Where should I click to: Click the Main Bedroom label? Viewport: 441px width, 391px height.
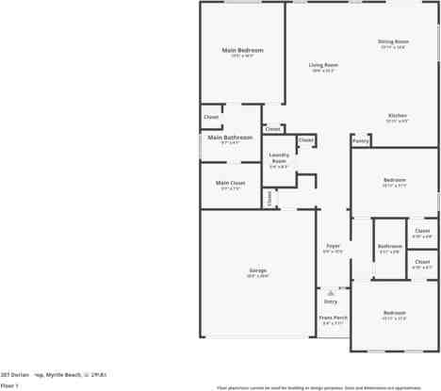[x=242, y=50]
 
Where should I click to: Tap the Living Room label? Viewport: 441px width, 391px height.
[x=323, y=65]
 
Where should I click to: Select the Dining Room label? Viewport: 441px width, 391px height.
[x=393, y=41]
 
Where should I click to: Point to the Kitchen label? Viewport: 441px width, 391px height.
[x=397, y=116]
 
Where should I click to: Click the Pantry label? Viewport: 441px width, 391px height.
[x=360, y=141]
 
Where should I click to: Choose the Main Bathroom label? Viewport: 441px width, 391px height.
[x=230, y=138]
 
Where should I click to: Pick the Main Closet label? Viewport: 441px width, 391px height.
[x=230, y=183]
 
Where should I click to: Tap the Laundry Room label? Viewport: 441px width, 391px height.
[x=279, y=157]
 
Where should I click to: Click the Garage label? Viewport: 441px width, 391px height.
[x=257, y=270]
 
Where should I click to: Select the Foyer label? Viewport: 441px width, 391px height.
[x=333, y=246]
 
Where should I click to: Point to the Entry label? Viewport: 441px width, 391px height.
[x=331, y=301]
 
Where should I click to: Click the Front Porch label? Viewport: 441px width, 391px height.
[x=333, y=318]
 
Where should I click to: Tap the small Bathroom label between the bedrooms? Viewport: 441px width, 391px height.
[x=389, y=246]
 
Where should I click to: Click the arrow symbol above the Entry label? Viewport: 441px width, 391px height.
[x=331, y=293]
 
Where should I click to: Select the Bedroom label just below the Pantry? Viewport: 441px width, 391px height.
[x=394, y=179]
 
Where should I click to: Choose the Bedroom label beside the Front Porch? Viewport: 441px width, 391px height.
[x=394, y=312]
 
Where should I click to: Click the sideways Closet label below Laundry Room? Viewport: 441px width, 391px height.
[x=269, y=198]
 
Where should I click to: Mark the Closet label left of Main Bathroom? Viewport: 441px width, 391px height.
[x=211, y=117]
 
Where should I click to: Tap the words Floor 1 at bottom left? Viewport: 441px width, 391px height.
[x=9, y=384]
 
